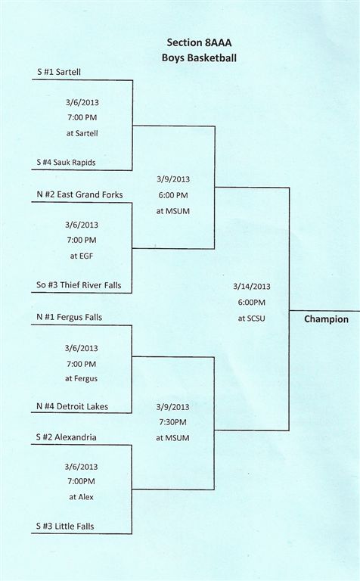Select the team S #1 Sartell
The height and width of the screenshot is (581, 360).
[59, 73]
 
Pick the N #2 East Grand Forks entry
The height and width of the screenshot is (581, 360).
[79, 194]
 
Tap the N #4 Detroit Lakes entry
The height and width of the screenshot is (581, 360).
[72, 406]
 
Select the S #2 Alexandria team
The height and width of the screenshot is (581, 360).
[67, 437]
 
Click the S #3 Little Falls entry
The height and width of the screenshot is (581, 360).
[65, 527]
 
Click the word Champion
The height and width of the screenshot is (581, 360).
[326, 319]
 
